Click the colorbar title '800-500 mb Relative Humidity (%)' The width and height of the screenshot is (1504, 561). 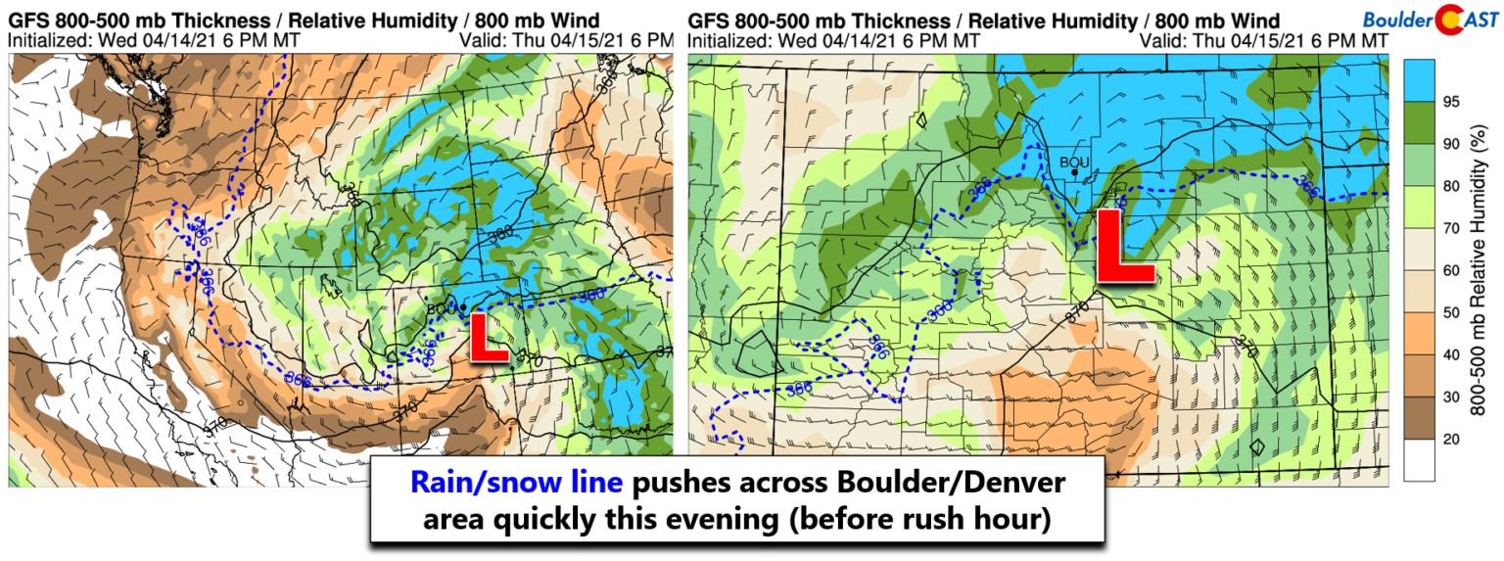1485,269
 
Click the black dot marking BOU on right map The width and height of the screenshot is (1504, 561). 1074,173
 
